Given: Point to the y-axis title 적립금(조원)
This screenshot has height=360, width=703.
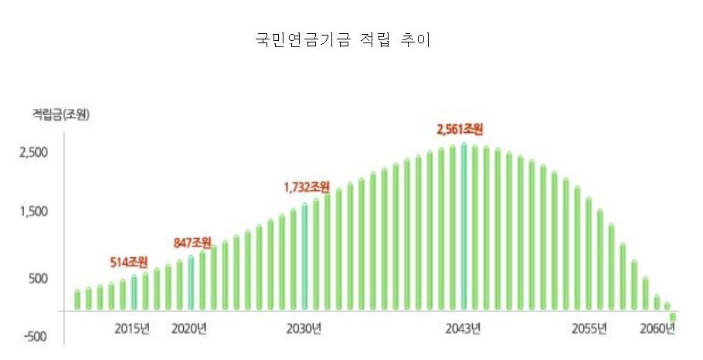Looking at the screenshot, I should pos(60,115).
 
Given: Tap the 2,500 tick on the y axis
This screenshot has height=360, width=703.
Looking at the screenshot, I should pos(34,152).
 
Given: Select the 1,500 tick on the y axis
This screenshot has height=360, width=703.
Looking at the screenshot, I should pos(34,212).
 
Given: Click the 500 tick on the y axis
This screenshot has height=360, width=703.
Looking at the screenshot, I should pos(39,278).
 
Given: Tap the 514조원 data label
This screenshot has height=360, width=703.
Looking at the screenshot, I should pos(130,262).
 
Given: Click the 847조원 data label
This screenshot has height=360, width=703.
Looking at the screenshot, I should pos(192,243).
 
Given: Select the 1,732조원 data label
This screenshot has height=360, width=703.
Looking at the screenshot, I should pos(307,186).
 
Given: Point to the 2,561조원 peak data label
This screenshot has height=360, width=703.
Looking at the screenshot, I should pos(464,128).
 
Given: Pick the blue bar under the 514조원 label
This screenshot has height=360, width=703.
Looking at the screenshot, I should pos(134,293).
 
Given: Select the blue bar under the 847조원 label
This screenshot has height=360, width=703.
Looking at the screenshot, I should pos(191,283).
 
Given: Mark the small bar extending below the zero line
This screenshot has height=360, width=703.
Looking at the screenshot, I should pos(673,317).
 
